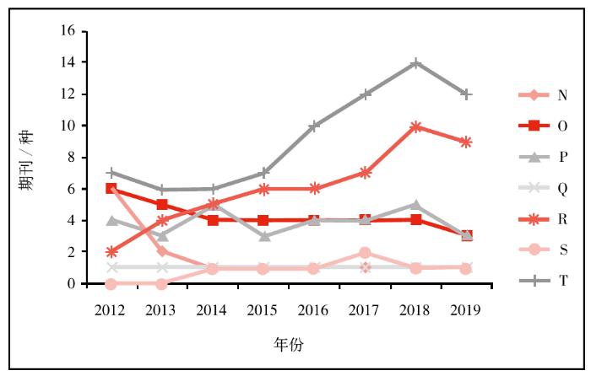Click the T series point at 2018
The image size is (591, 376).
[415, 62]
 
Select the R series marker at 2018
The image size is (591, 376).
[415, 126]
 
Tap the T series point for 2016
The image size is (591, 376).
[314, 126]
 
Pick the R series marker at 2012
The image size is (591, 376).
[111, 252]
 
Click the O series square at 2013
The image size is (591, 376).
[161, 205]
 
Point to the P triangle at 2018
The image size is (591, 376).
[415, 205]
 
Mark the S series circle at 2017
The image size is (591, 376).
[365, 252]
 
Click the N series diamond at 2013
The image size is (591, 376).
[161, 251]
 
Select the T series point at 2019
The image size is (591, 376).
[466, 94]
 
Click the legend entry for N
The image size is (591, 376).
[540, 94]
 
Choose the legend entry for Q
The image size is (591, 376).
[540, 188]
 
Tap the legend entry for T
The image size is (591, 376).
[540, 282]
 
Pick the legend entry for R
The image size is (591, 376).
[540, 219]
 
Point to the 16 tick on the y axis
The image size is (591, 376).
[68, 31]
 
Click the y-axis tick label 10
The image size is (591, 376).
[68, 126]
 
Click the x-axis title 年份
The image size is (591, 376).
[288, 344]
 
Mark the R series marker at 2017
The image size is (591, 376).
[365, 173]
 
